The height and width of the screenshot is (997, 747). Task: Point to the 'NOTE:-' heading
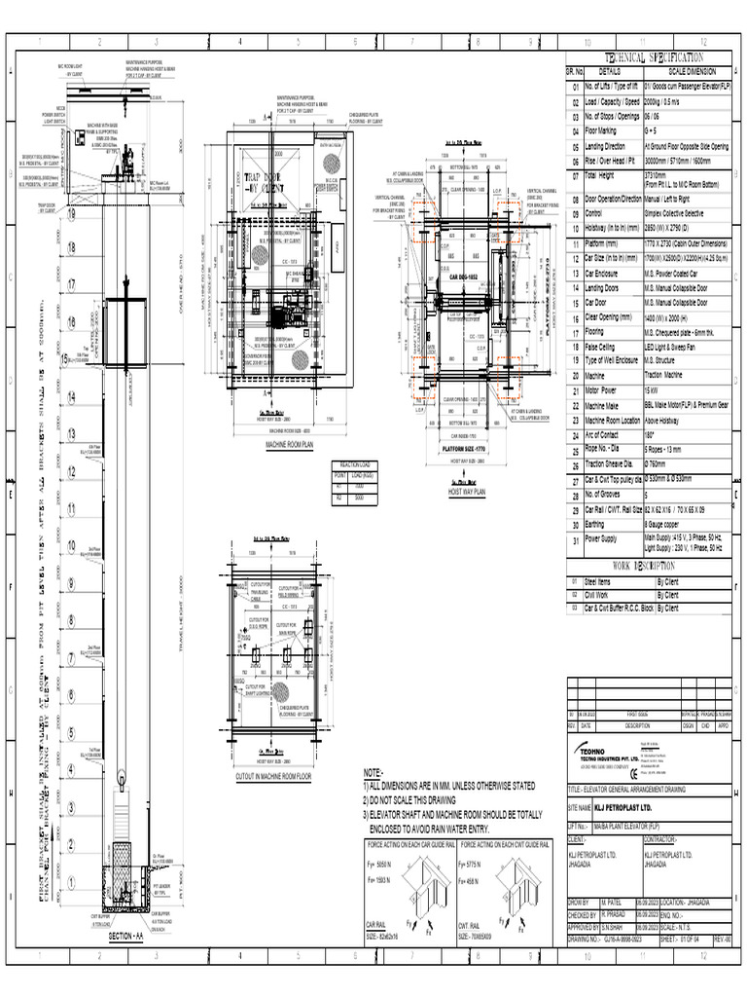tap(373, 771)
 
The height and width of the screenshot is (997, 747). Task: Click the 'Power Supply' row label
tap(602, 539)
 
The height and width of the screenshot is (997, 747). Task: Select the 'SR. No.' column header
tap(574, 71)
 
